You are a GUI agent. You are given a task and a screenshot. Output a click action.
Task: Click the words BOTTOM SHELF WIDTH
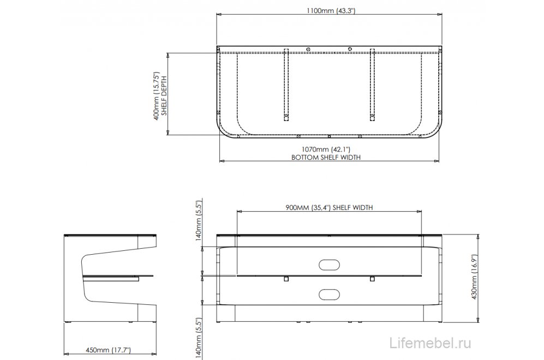pyautogui.click(x=326, y=157)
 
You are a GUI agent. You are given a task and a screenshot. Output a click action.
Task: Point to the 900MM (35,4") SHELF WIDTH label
pyautogui.click(x=328, y=208)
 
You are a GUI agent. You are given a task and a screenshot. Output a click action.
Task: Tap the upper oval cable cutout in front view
pyautogui.click(x=328, y=265)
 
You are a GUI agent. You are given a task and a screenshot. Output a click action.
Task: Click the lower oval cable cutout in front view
pyautogui.click(x=328, y=293)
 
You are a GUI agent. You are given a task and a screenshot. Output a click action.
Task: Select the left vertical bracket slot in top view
pyautogui.click(x=285, y=85)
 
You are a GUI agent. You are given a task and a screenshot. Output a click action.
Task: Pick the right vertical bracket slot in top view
pyautogui.click(x=372, y=85)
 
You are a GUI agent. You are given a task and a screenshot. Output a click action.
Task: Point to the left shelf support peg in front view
pyautogui.click(x=285, y=279)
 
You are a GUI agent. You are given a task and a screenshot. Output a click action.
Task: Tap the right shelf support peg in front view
pyautogui.click(x=372, y=279)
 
